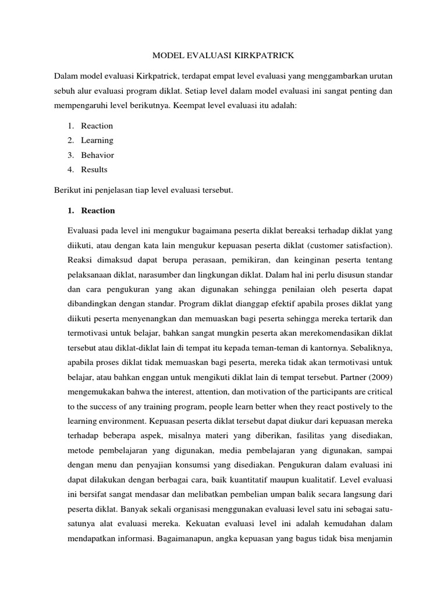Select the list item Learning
pos(97,140)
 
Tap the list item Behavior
pos(97,155)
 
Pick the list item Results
pos(94,170)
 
